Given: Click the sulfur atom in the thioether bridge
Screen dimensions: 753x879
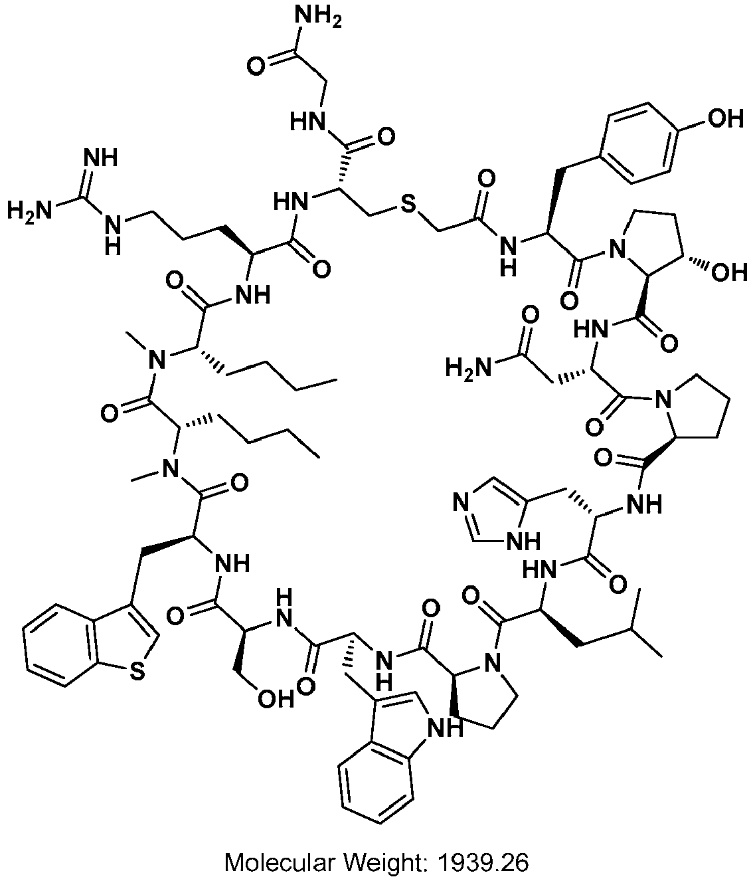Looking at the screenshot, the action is [x=408, y=206].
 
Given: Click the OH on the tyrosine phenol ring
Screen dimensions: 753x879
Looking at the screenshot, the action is [x=725, y=120].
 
